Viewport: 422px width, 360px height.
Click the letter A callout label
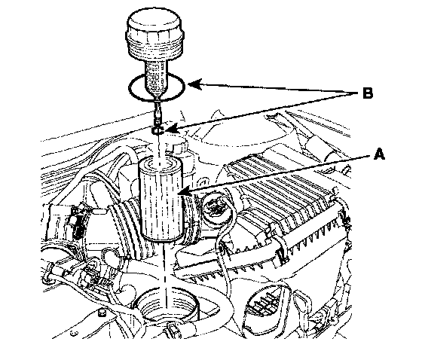coord(380,154)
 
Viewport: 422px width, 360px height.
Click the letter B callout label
coord(368,93)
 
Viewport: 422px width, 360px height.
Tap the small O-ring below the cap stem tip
coord(157,130)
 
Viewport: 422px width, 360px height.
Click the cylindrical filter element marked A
coord(161,199)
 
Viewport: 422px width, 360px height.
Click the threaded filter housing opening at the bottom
coord(167,305)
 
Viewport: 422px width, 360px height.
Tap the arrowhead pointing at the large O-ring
coord(194,84)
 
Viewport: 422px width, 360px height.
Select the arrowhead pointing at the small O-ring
coord(170,130)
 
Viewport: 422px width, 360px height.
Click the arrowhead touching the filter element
coord(184,191)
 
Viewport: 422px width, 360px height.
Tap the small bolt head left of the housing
coord(101,313)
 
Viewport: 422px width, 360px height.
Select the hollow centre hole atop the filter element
coord(161,163)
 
